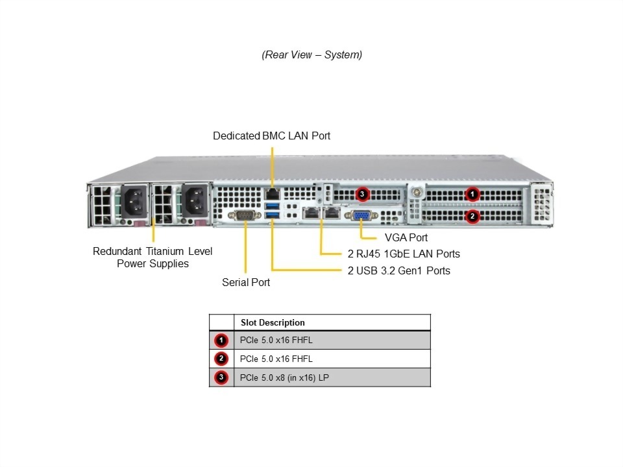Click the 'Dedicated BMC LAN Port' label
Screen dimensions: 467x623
coord(271,136)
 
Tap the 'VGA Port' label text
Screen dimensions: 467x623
coord(406,237)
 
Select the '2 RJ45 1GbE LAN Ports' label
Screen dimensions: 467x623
coord(404,254)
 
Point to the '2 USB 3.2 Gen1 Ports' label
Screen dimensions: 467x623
coord(399,270)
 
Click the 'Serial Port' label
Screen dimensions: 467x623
coord(246,282)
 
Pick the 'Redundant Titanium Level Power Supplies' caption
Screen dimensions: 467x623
coord(153,257)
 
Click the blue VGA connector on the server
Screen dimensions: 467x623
coord(362,215)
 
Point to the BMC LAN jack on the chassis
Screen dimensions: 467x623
coord(273,193)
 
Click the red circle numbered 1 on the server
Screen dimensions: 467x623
coord(473,193)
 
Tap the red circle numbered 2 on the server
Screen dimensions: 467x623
coord(473,215)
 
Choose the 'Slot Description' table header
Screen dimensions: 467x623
coord(273,322)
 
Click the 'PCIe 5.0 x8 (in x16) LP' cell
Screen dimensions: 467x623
coord(284,377)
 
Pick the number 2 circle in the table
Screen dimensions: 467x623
coord(221,359)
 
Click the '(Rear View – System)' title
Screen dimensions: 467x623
coord(311,54)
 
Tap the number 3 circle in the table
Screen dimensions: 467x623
coord(221,377)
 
